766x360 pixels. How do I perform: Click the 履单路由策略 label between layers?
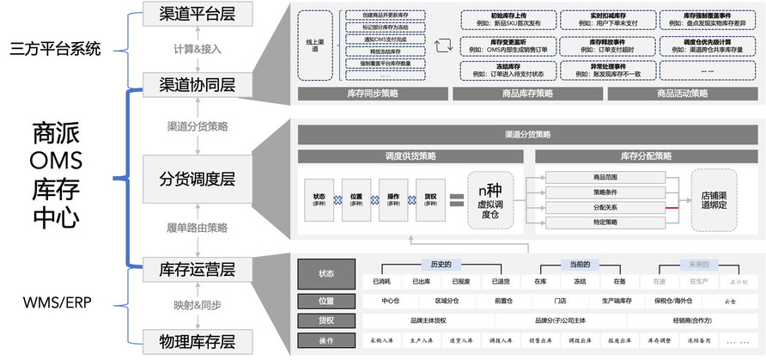point(197,228)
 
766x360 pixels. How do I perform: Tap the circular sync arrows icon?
point(443,45)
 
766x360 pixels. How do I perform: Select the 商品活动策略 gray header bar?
point(682,94)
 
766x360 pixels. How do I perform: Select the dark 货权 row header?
point(325,320)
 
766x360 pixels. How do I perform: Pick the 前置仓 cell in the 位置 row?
point(502,301)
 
